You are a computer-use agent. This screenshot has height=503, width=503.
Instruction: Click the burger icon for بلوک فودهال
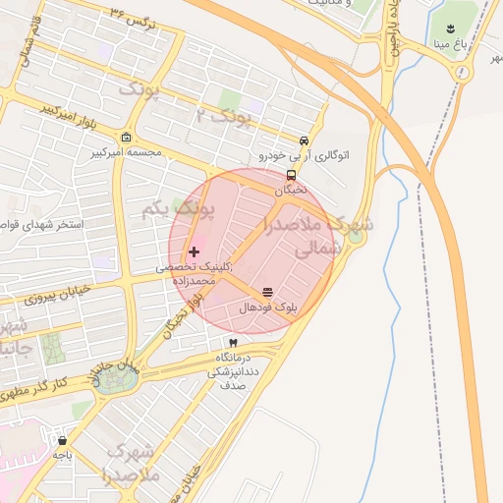click(x=267, y=292)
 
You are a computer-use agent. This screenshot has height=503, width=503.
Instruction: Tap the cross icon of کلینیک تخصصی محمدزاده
click(x=193, y=252)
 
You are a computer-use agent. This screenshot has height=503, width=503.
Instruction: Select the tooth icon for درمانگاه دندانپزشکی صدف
click(x=233, y=342)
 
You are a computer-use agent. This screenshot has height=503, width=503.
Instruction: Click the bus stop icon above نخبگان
click(x=291, y=175)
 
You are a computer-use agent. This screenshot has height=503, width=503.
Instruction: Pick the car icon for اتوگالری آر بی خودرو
click(x=306, y=140)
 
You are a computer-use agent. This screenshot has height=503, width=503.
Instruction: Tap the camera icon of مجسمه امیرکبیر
click(x=127, y=139)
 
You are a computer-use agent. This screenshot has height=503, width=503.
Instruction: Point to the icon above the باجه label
click(x=63, y=440)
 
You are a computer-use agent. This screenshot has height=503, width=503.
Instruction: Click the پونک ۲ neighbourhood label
click(x=222, y=119)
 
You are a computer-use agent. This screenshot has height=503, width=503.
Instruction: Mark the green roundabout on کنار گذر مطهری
click(x=117, y=380)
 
